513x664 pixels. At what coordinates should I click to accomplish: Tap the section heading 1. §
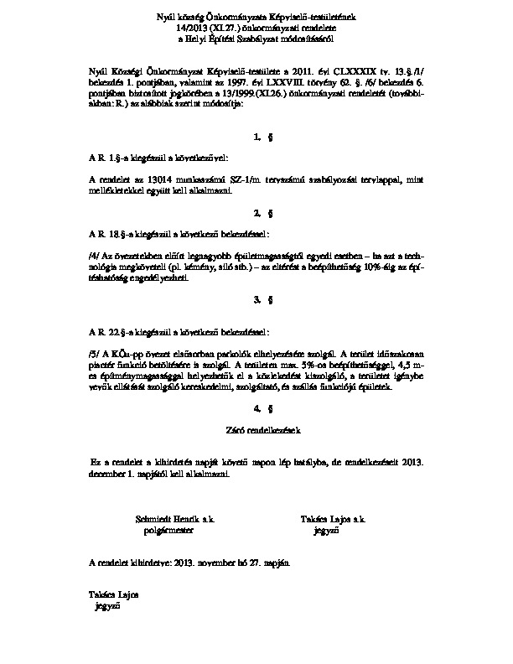click(257, 136)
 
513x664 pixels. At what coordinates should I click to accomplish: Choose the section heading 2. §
click(257, 213)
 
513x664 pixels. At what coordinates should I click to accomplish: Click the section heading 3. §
click(257, 299)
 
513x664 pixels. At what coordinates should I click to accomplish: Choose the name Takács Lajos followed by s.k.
click(334, 520)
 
